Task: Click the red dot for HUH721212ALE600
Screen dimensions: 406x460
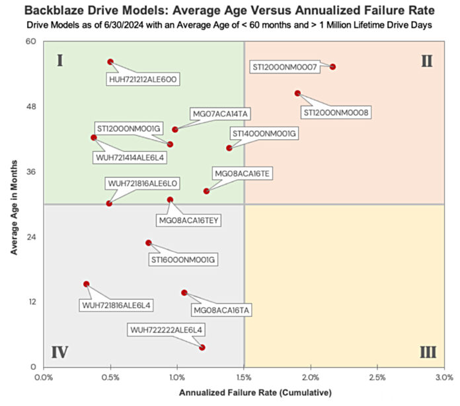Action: (110, 61)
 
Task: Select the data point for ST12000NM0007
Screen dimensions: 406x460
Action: (333, 67)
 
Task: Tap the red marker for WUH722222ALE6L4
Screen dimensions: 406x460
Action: (202, 347)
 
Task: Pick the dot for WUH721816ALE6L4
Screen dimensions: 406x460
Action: (86, 284)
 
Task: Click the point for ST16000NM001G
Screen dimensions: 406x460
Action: (149, 243)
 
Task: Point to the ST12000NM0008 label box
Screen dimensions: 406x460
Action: (335, 112)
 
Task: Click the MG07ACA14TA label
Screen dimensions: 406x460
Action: (220, 113)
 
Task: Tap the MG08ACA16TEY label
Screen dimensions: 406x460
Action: (186, 220)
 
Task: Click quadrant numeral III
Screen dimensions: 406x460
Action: (427, 351)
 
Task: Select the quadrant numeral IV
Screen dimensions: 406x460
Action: (59, 351)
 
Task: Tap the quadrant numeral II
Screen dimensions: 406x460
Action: (427, 61)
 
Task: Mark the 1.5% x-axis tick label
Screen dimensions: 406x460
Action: (243, 377)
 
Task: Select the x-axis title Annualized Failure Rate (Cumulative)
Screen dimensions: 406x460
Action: (243, 393)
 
